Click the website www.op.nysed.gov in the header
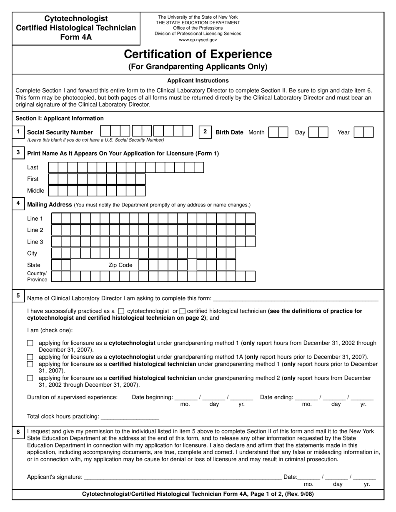(198, 40)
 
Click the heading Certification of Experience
(198, 55)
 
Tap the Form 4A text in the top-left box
(76, 37)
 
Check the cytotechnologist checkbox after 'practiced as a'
(121, 311)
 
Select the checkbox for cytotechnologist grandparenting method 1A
(30, 357)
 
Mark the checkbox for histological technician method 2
(30, 378)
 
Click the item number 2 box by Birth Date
(205, 132)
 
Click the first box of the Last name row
(53, 167)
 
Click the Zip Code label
(120, 265)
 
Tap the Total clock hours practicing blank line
(130, 416)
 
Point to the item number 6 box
(18, 432)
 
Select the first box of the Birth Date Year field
(358, 132)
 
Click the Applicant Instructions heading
(198, 81)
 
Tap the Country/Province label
(37, 276)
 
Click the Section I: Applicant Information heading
(60, 118)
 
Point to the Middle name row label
(35, 191)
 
